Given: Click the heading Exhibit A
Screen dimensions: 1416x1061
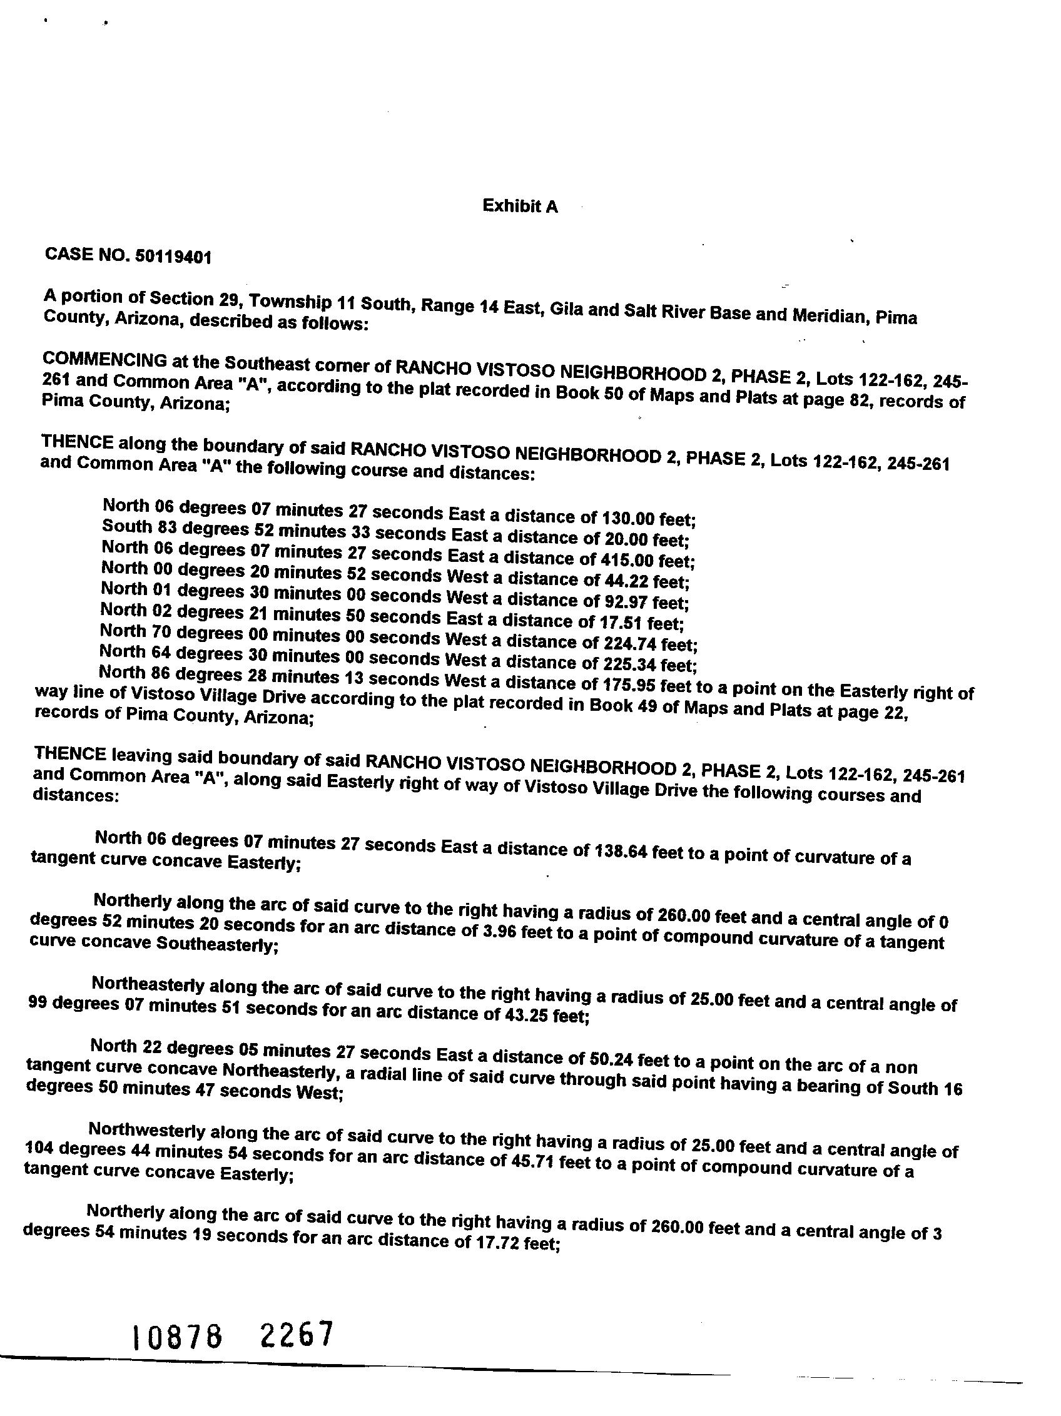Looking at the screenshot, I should point(520,206).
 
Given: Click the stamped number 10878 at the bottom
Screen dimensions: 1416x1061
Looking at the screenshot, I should point(176,1337).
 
